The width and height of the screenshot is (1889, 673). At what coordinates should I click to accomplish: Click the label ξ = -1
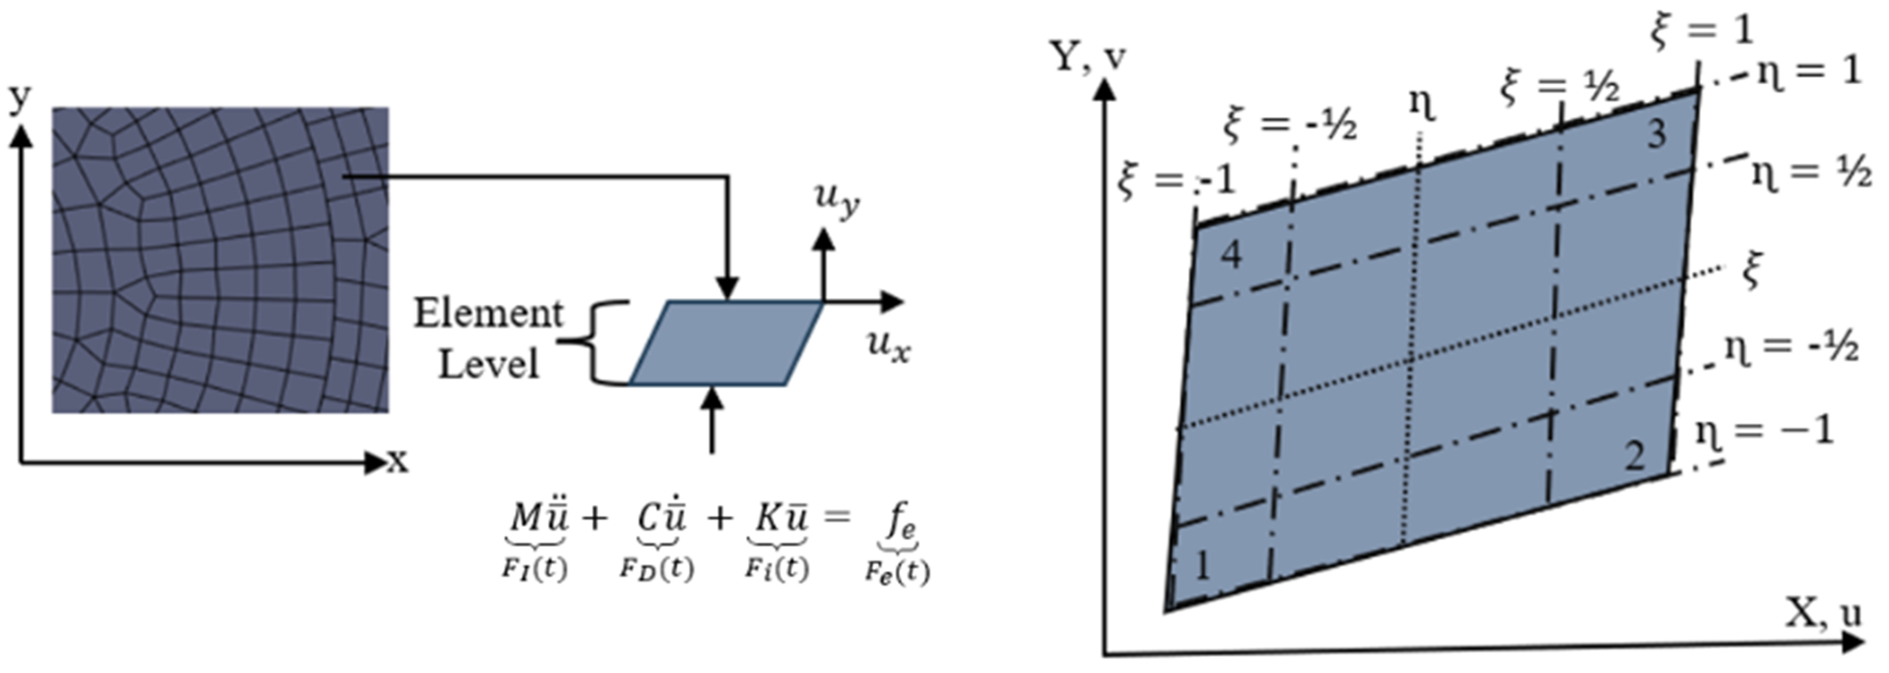[1176, 180]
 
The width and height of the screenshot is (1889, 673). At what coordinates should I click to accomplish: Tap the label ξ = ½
[1559, 86]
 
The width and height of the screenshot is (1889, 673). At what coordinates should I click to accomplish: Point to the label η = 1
[1809, 72]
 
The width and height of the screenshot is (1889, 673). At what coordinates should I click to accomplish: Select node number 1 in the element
[1201, 566]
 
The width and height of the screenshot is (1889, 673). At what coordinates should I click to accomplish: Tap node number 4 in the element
[1230, 255]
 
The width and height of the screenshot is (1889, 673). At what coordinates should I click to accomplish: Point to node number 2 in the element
[1635, 458]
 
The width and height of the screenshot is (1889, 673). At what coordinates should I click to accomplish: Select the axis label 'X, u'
[1823, 613]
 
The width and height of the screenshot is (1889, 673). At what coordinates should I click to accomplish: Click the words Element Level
[488, 339]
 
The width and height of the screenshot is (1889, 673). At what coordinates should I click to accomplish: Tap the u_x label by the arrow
[888, 344]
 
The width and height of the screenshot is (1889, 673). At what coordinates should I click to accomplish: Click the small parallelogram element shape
[726, 343]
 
